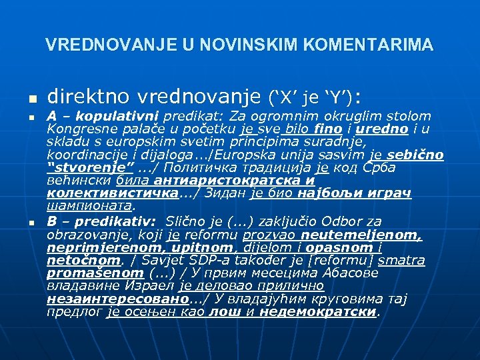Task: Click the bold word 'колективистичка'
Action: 114,193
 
